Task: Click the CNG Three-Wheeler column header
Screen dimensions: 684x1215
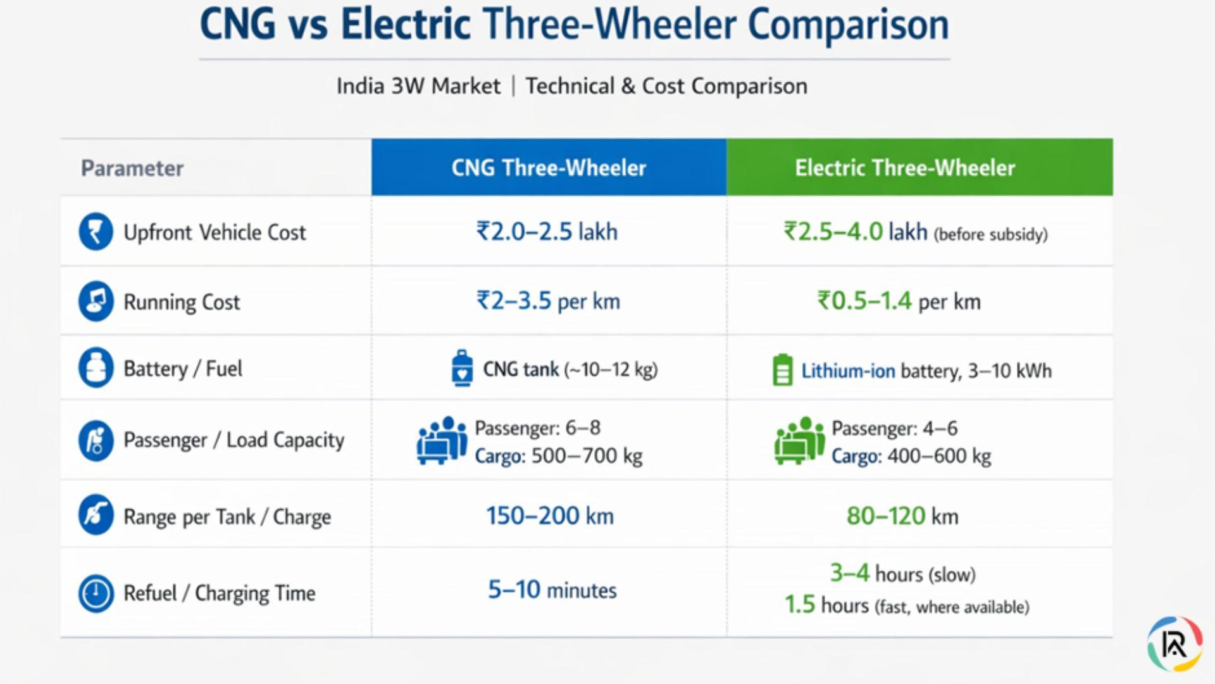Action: point(549,168)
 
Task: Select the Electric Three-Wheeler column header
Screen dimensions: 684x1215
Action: point(905,168)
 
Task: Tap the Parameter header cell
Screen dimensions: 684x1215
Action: point(132,168)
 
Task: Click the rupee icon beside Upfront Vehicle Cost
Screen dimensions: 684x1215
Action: point(96,232)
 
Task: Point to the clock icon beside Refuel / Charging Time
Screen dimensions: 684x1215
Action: point(96,593)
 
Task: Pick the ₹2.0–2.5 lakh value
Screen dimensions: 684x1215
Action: point(547,232)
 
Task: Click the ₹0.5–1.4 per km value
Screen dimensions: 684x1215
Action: point(899,301)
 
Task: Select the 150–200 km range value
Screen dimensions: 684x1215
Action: point(549,516)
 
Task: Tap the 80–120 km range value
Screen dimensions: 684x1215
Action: point(902,516)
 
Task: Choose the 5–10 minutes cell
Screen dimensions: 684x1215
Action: point(552,590)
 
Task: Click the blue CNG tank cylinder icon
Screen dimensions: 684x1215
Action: point(462,368)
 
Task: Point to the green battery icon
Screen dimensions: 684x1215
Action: point(782,370)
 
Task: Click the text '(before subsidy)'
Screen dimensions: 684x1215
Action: point(991,235)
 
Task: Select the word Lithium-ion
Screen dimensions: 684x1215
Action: point(848,370)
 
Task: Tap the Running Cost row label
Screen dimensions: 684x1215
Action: point(182,302)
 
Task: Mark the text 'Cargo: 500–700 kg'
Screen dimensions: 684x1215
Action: point(558,456)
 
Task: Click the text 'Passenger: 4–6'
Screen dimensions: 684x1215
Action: point(894,429)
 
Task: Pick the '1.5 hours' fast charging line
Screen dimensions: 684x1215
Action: point(906,605)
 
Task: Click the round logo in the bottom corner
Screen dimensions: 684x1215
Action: point(1174,643)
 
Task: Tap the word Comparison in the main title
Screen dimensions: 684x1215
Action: point(848,25)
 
